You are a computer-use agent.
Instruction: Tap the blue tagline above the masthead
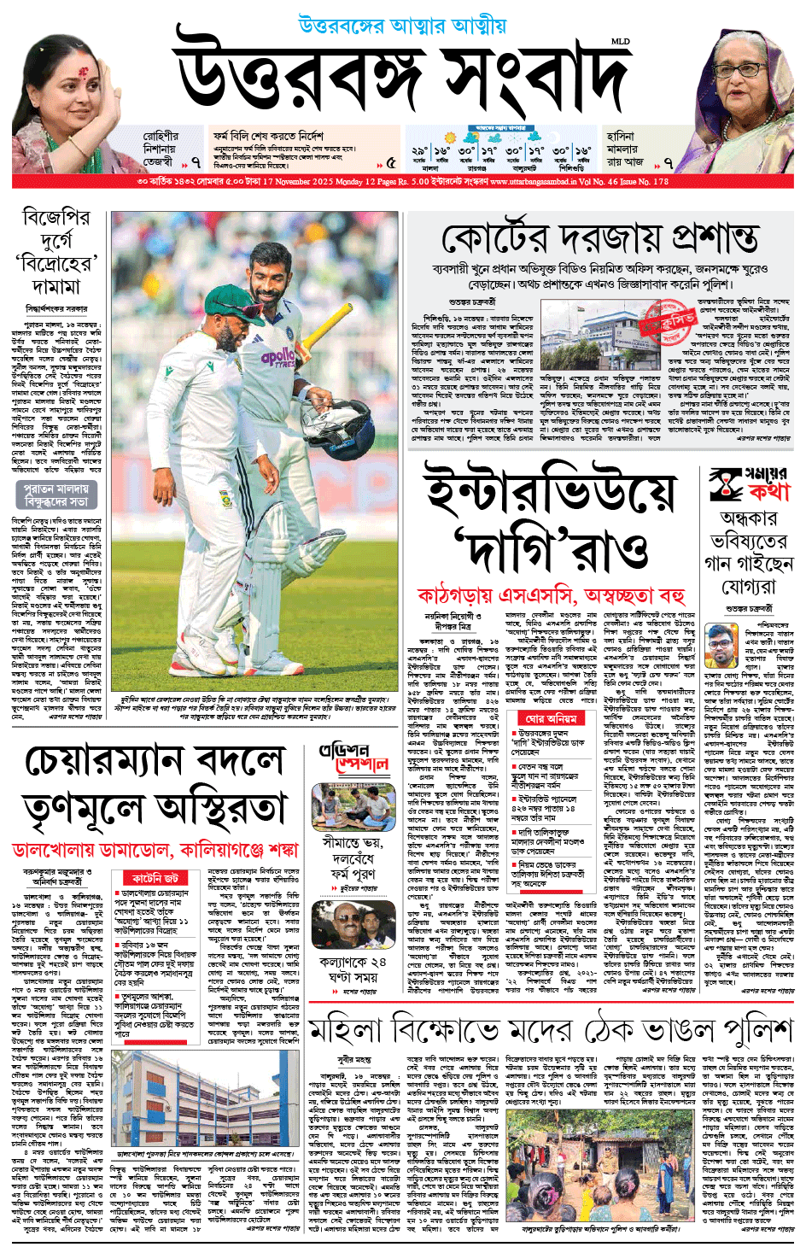coord(402,26)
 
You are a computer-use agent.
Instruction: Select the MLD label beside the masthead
coord(620,41)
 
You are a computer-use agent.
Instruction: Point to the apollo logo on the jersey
coord(278,358)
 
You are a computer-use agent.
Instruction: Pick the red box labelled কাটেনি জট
coord(155,878)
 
